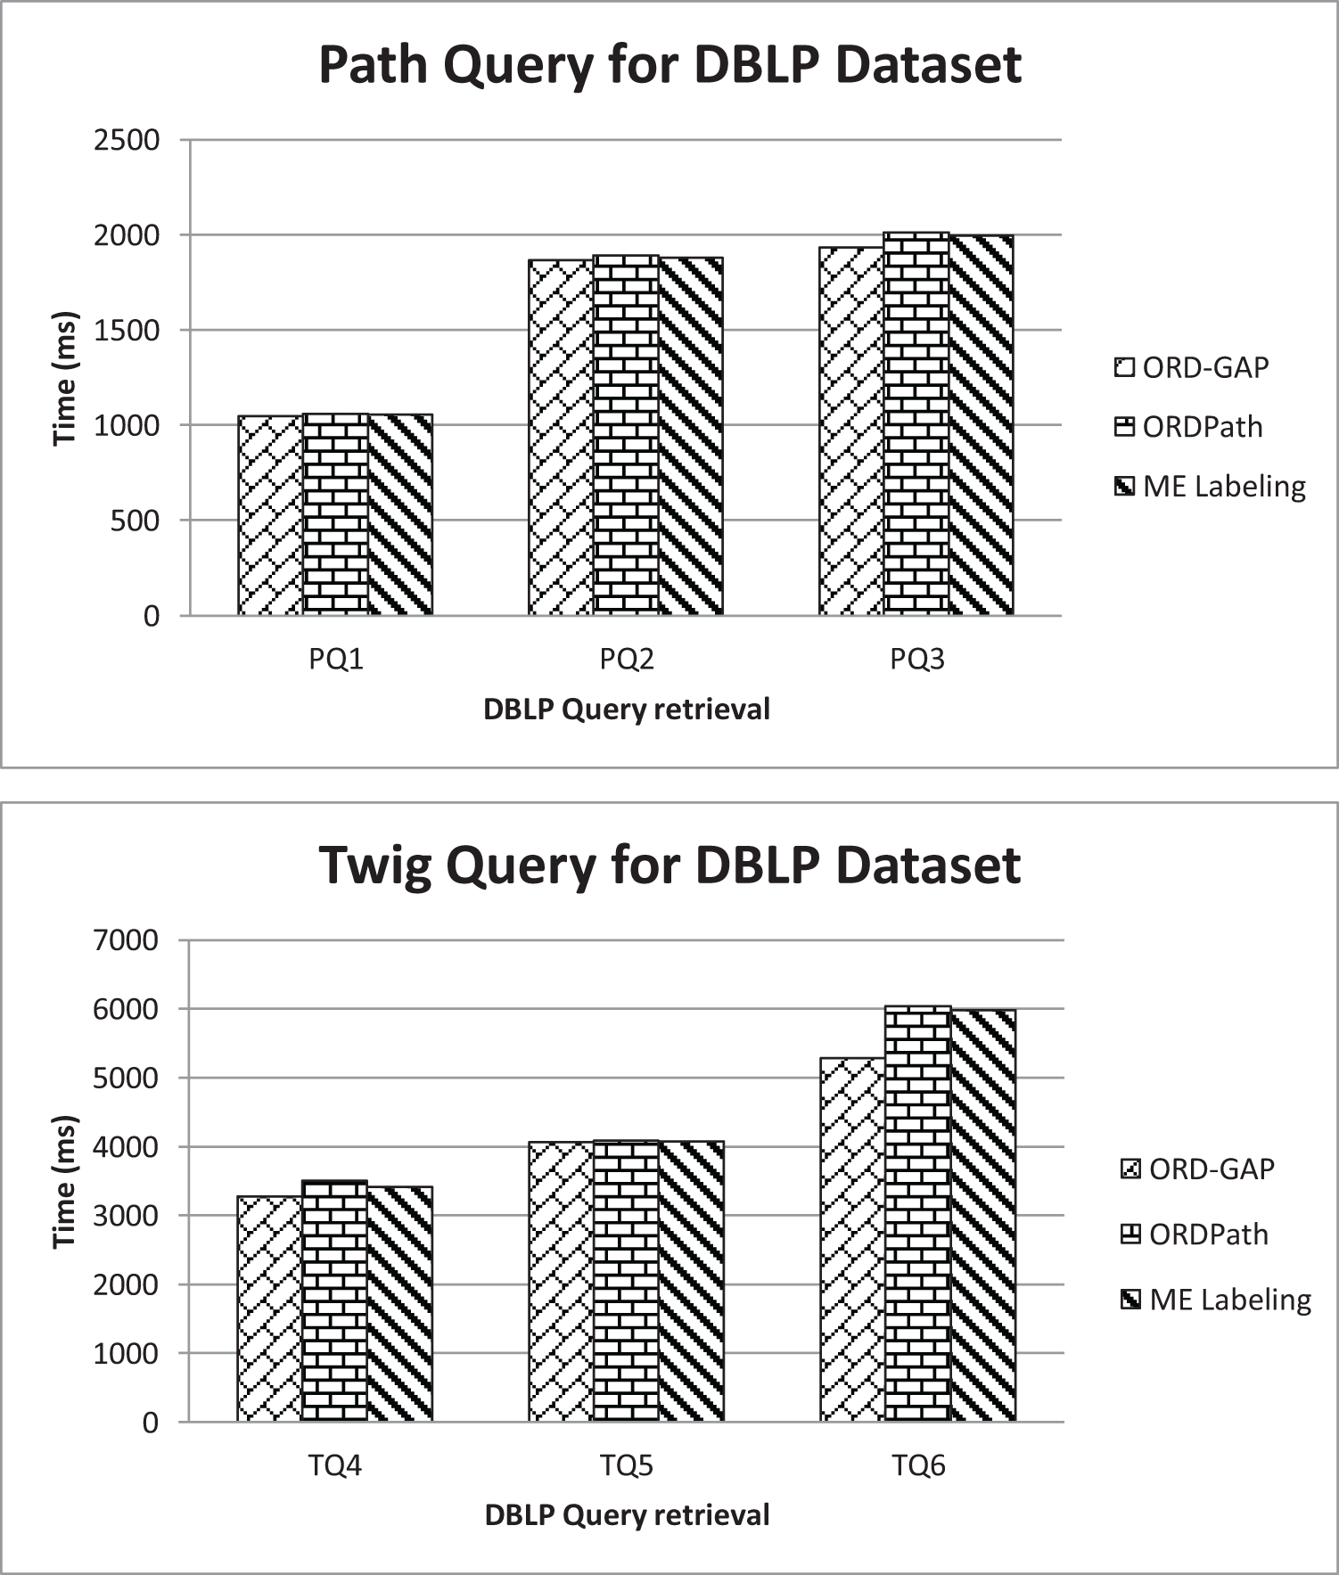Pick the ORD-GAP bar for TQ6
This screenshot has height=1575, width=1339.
click(x=852, y=1239)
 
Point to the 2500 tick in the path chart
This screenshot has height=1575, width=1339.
click(x=127, y=140)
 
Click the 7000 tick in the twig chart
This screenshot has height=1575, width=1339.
click(x=127, y=940)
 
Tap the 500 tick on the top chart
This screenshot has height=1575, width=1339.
click(x=135, y=521)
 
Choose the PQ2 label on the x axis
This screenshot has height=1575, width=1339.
click(x=626, y=660)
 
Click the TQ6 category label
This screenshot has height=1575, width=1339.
click(x=918, y=1465)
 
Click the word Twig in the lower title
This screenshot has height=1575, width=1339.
click(x=375, y=865)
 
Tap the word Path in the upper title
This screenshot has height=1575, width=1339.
click(x=372, y=65)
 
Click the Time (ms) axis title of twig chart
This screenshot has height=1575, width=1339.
click(x=65, y=1181)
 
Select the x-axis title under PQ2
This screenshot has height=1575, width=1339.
click(x=626, y=710)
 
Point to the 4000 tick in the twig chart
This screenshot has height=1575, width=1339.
click(x=127, y=1147)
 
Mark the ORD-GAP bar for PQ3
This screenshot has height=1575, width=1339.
click(x=851, y=431)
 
